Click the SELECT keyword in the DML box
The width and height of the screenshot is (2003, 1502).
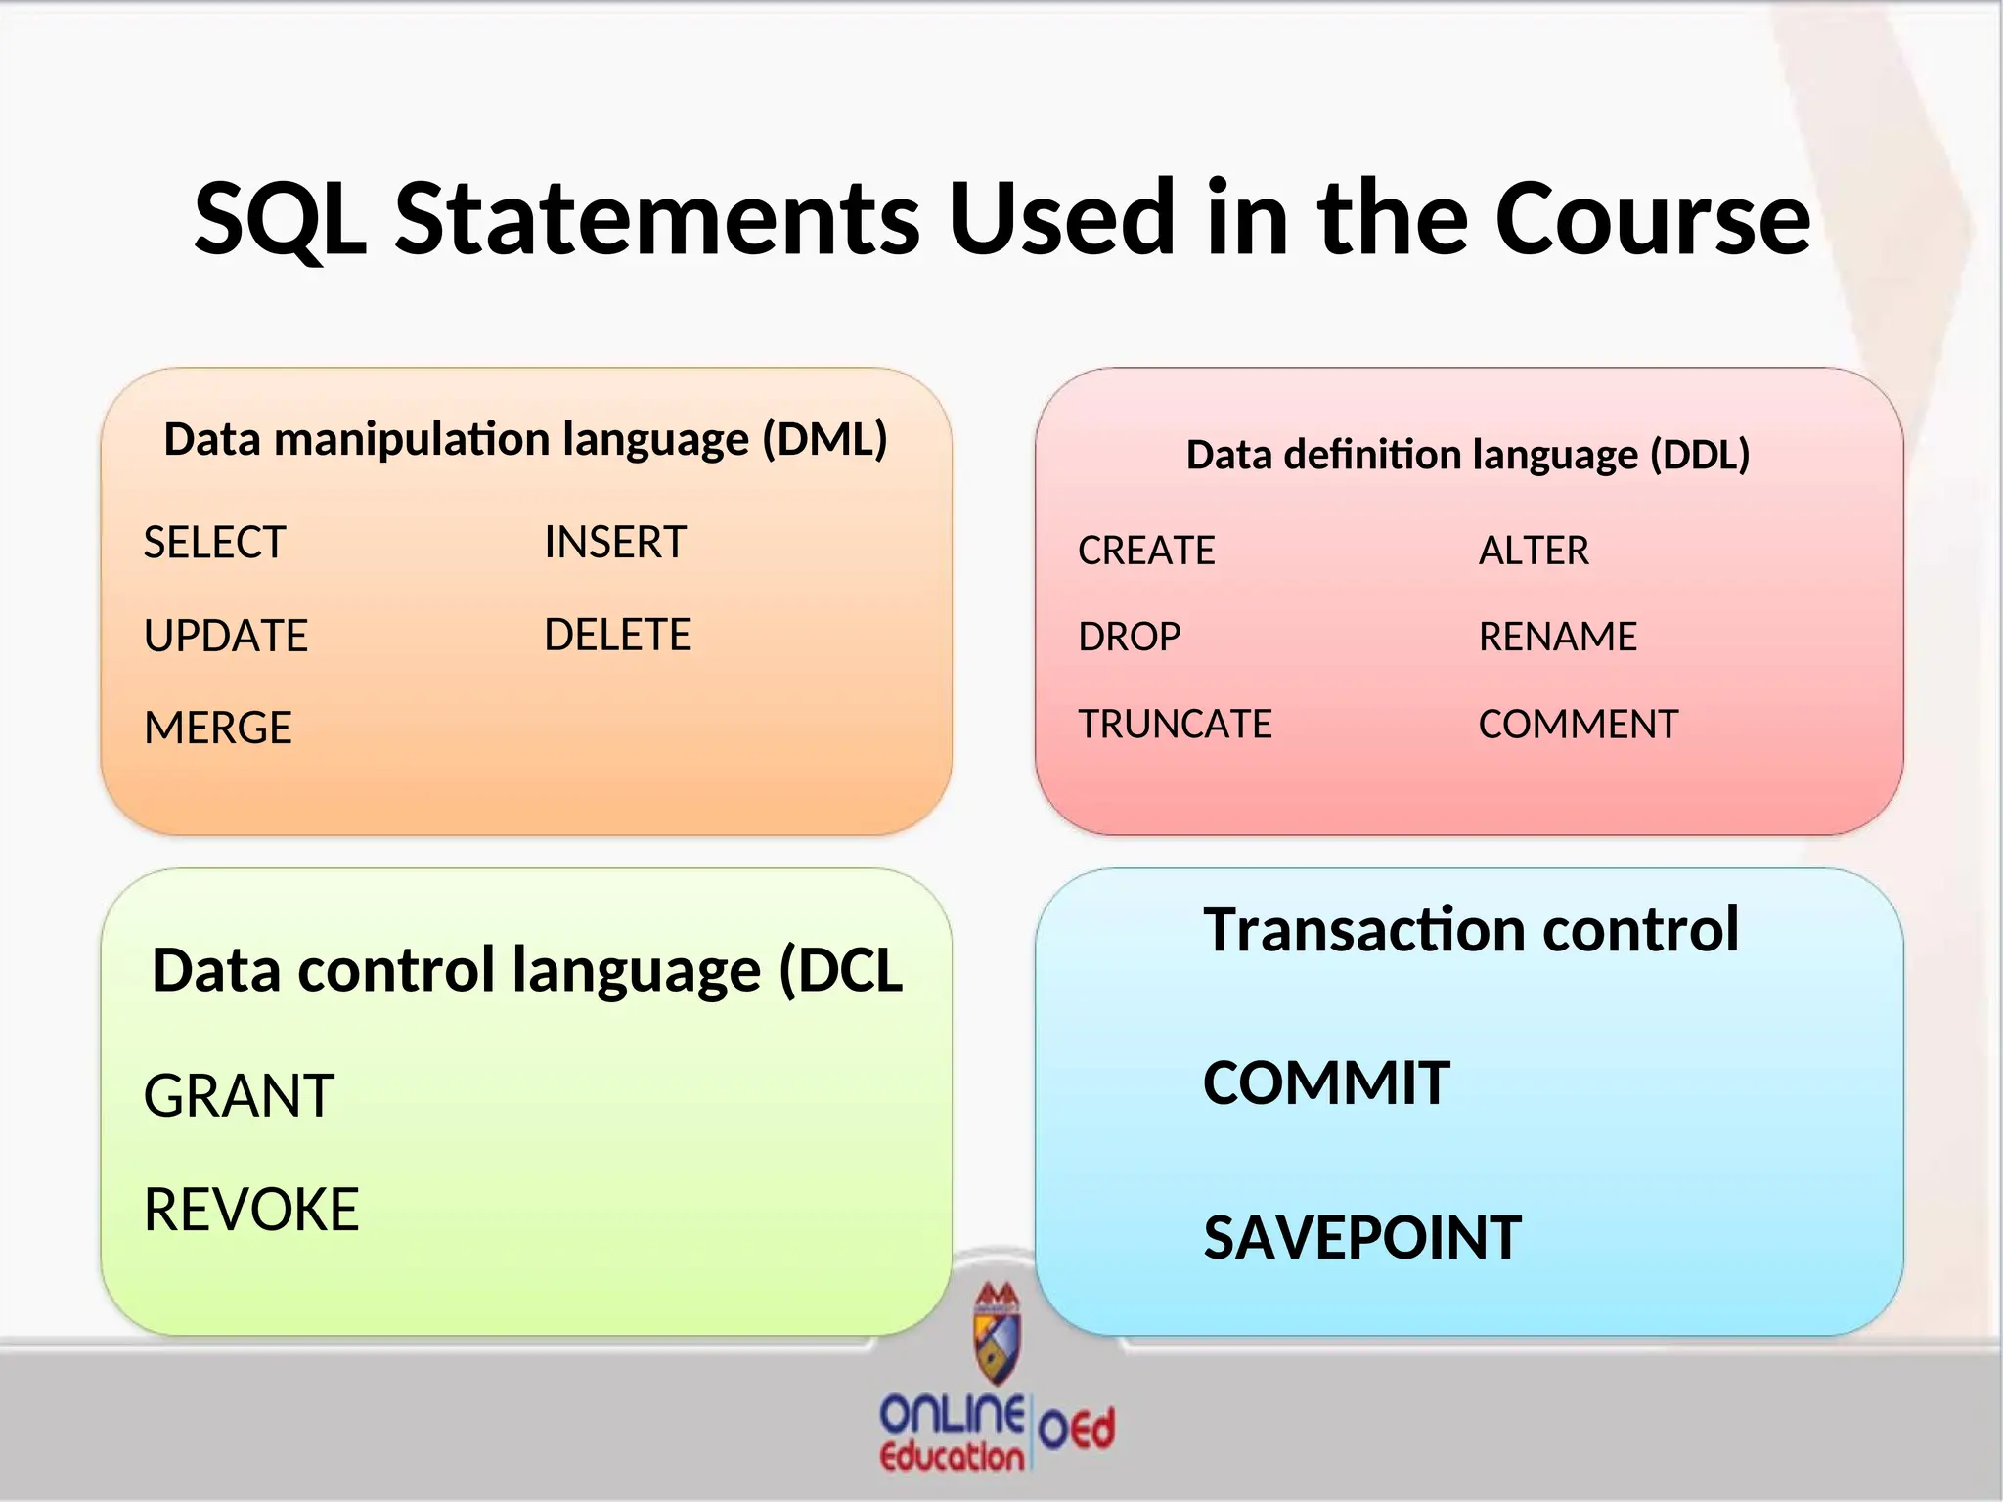(214, 543)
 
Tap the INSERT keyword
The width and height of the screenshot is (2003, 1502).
(615, 543)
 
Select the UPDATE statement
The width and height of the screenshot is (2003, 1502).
(225, 637)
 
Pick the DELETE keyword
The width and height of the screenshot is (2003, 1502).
(617, 636)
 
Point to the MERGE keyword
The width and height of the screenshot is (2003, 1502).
(217, 729)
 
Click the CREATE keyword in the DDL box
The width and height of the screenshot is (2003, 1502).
(1146, 552)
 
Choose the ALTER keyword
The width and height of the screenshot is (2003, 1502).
(1534, 552)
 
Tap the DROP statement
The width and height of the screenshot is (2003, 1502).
(1129, 638)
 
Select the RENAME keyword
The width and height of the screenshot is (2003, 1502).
(1557, 638)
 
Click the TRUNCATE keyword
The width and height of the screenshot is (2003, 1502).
(1175, 725)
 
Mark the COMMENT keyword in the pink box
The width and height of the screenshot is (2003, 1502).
(1578, 725)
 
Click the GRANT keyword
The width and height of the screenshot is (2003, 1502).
(239, 1096)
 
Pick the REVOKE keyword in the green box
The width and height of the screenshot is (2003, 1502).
(251, 1211)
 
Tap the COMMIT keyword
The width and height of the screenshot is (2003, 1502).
(1326, 1083)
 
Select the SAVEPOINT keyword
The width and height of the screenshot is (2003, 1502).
(1362, 1238)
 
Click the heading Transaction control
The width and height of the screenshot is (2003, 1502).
(1471, 929)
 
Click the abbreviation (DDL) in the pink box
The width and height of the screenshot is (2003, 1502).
(1700, 456)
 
